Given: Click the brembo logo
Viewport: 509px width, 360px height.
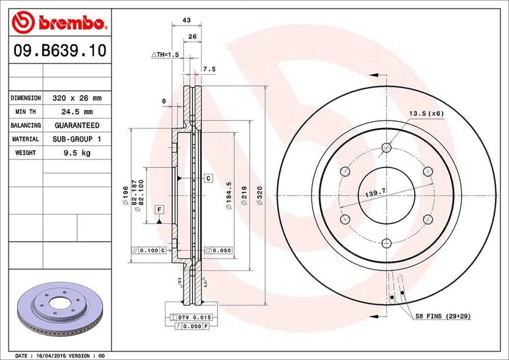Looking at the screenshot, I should click(x=60, y=22).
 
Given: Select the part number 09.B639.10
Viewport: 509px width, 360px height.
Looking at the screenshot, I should click(x=60, y=51).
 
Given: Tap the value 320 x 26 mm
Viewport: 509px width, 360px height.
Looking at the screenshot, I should click(x=77, y=98).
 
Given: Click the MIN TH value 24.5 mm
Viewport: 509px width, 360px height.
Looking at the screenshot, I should click(x=77, y=112).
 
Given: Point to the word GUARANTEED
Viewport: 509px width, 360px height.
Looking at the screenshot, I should click(x=77, y=125).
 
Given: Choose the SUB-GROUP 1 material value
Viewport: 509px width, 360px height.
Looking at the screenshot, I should click(x=77, y=139).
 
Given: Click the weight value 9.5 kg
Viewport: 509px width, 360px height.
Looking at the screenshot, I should click(x=77, y=153).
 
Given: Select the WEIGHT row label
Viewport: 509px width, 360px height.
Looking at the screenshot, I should click(x=25, y=153).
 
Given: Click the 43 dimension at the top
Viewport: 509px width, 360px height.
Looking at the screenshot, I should click(x=187, y=20).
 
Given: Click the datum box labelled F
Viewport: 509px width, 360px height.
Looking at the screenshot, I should click(x=159, y=209).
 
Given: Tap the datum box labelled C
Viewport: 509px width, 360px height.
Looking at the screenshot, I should click(x=208, y=178).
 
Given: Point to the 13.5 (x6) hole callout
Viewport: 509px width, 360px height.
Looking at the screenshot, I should click(x=426, y=113).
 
